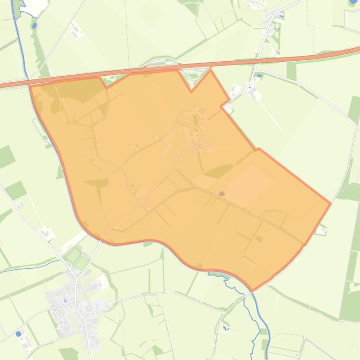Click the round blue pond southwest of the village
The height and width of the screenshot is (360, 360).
tap(18, 334)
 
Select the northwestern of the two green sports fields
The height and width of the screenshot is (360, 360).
tap(73, 255)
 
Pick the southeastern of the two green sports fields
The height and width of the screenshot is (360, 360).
tap(81, 262)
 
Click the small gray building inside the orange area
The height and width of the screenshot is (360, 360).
tap(221, 193)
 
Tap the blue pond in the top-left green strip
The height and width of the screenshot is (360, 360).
tap(34, 25)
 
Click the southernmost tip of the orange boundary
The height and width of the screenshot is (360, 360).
tap(252, 290)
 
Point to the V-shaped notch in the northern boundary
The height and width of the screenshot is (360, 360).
tap(191, 91)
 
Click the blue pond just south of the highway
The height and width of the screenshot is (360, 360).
tap(259, 75)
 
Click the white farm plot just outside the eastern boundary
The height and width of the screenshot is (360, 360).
tap(321, 230)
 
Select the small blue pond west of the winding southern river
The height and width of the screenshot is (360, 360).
tap(226, 328)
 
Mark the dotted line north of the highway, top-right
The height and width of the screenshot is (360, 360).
tap(308, 14)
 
